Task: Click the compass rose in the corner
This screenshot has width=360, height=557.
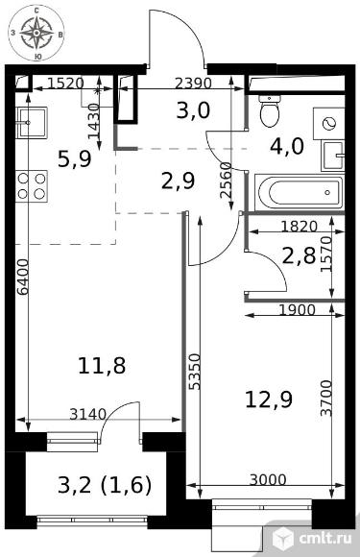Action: [x=36, y=33]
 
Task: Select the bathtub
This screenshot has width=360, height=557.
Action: [x=300, y=192]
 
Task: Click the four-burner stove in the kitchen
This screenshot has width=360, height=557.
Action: [x=32, y=186]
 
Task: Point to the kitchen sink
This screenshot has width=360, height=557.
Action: [x=32, y=123]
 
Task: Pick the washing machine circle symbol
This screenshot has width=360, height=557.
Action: [x=328, y=124]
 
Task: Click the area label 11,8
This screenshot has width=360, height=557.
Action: [x=102, y=366]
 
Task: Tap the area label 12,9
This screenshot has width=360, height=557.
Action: [x=269, y=399]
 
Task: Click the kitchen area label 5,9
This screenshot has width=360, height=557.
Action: [x=75, y=158]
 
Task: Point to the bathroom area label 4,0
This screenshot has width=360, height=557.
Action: [x=287, y=146]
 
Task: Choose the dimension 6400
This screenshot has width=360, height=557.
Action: [x=23, y=278]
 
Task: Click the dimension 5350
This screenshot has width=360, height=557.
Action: [x=195, y=372]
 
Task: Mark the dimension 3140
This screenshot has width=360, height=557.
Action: [x=87, y=414]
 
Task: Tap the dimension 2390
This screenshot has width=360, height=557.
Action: [x=194, y=83]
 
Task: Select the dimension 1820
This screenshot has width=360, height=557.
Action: [x=299, y=226]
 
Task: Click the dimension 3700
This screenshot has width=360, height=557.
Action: [x=325, y=399]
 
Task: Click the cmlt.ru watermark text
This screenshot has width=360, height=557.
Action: [x=325, y=538]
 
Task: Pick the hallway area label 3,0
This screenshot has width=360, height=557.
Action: [x=194, y=110]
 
